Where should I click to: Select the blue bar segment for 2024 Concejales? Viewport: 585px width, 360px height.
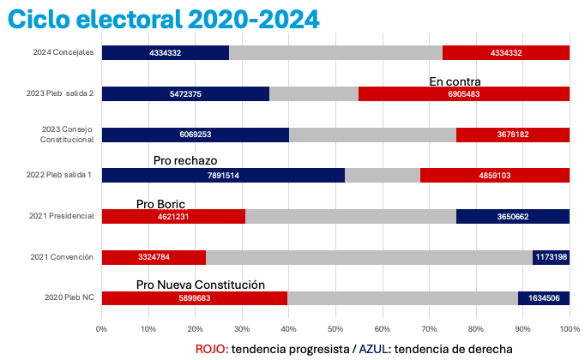click(x=165, y=53)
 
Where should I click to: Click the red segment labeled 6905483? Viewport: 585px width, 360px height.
click(x=463, y=94)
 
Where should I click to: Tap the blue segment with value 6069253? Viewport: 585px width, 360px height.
click(x=196, y=135)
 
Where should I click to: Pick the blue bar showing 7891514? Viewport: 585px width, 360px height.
click(x=223, y=176)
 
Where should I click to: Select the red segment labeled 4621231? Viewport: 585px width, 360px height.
click(x=173, y=216)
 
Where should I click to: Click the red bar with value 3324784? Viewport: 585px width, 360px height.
click(x=154, y=257)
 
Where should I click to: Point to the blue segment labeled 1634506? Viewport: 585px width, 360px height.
click(x=543, y=297)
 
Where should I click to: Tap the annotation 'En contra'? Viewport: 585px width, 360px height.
click(x=455, y=81)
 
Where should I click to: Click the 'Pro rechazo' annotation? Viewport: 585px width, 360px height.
click(x=185, y=160)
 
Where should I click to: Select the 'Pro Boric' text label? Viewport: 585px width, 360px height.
click(x=160, y=204)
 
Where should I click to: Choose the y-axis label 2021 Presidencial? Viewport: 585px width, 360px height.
click(x=63, y=216)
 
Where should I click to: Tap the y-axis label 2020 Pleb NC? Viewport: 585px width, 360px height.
click(x=70, y=297)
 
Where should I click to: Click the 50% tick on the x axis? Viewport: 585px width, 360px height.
click(x=335, y=328)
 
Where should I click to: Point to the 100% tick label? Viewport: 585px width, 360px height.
click(x=569, y=328)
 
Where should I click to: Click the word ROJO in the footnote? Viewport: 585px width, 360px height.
click(x=212, y=348)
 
